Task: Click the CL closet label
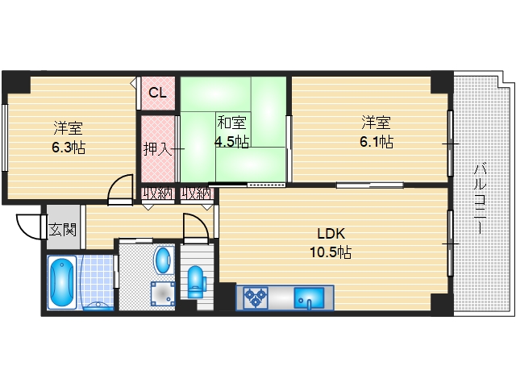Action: click(x=158, y=93)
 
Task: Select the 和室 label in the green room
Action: click(x=231, y=123)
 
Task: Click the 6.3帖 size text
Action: click(x=69, y=148)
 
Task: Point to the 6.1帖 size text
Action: click(x=377, y=142)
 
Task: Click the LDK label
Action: click(x=331, y=234)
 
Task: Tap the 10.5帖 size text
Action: click(x=331, y=252)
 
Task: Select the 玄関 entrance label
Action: click(x=63, y=229)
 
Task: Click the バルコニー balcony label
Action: click(x=480, y=199)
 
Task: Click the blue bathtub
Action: click(x=62, y=283)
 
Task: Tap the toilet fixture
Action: click(x=196, y=282)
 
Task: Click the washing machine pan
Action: click(x=163, y=293)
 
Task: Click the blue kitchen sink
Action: click(x=309, y=298)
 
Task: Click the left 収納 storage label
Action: click(x=158, y=193)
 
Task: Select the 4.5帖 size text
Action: click(x=231, y=142)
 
